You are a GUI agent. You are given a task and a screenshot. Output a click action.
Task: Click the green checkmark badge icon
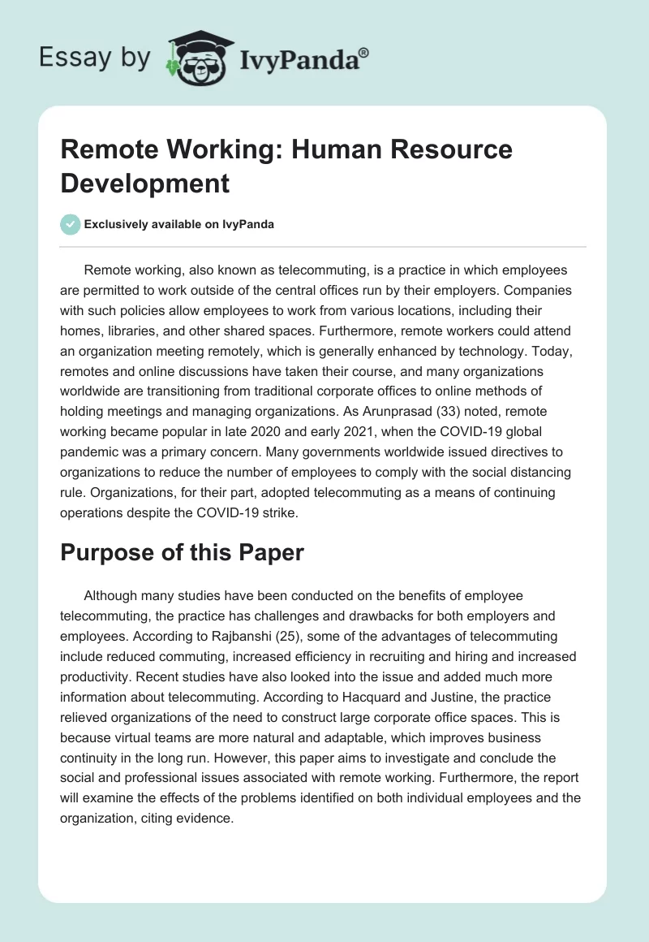71,224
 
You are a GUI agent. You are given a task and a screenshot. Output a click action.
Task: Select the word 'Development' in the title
145,183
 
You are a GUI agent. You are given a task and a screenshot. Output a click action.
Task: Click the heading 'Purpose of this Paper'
182,553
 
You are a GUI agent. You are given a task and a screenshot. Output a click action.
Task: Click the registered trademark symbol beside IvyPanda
364,52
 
